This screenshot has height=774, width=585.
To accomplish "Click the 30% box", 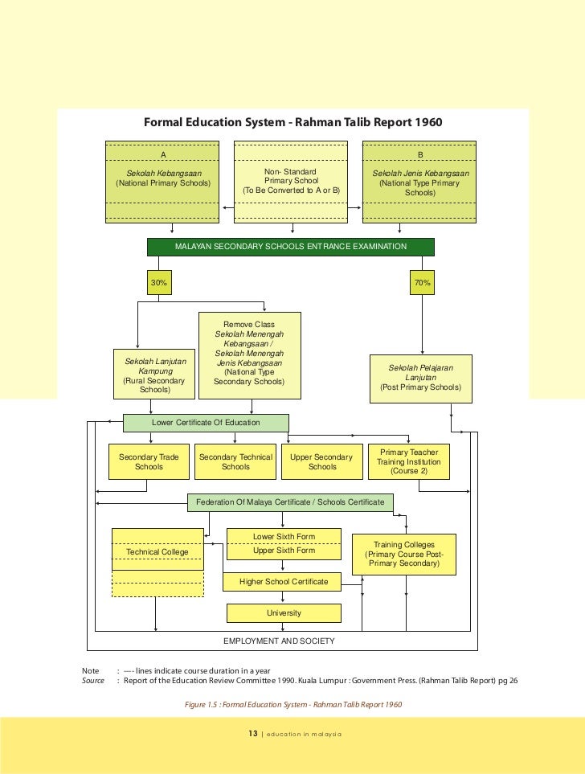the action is click(x=159, y=283).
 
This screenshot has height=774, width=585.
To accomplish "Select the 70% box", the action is click(x=422, y=283).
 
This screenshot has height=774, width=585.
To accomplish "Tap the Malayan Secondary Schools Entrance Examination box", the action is click(x=291, y=247).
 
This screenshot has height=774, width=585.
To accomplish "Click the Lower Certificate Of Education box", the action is click(x=206, y=423).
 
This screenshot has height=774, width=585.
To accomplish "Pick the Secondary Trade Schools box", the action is click(x=149, y=462).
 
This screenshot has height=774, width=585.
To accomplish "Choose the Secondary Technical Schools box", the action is click(x=235, y=462).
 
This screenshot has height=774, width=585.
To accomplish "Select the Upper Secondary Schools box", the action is click(x=321, y=462).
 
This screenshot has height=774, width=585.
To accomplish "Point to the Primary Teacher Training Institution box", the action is click(x=410, y=462).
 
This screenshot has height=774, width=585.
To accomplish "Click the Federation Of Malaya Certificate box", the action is click(x=291, y=503).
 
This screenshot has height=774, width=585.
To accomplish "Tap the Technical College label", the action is click(x=157, y=552).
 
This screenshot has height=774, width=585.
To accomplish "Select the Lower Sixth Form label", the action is click(x=284, y=536).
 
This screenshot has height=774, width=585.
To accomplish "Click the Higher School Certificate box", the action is click(x=284, y=581).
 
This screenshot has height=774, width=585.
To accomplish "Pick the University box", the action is click(x=284, y=613).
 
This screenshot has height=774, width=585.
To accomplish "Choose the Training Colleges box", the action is click(x=404, y=555).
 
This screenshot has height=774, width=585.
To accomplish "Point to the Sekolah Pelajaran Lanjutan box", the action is click(x=420, y=378).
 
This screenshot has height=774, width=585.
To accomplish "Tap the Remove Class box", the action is click(x=249, y=355).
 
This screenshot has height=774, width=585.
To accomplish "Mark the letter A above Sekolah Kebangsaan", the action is click(x=163, y=154).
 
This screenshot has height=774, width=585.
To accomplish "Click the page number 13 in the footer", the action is click(x=253, y=734).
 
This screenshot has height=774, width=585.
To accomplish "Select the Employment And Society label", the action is click(x=279, y=641).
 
